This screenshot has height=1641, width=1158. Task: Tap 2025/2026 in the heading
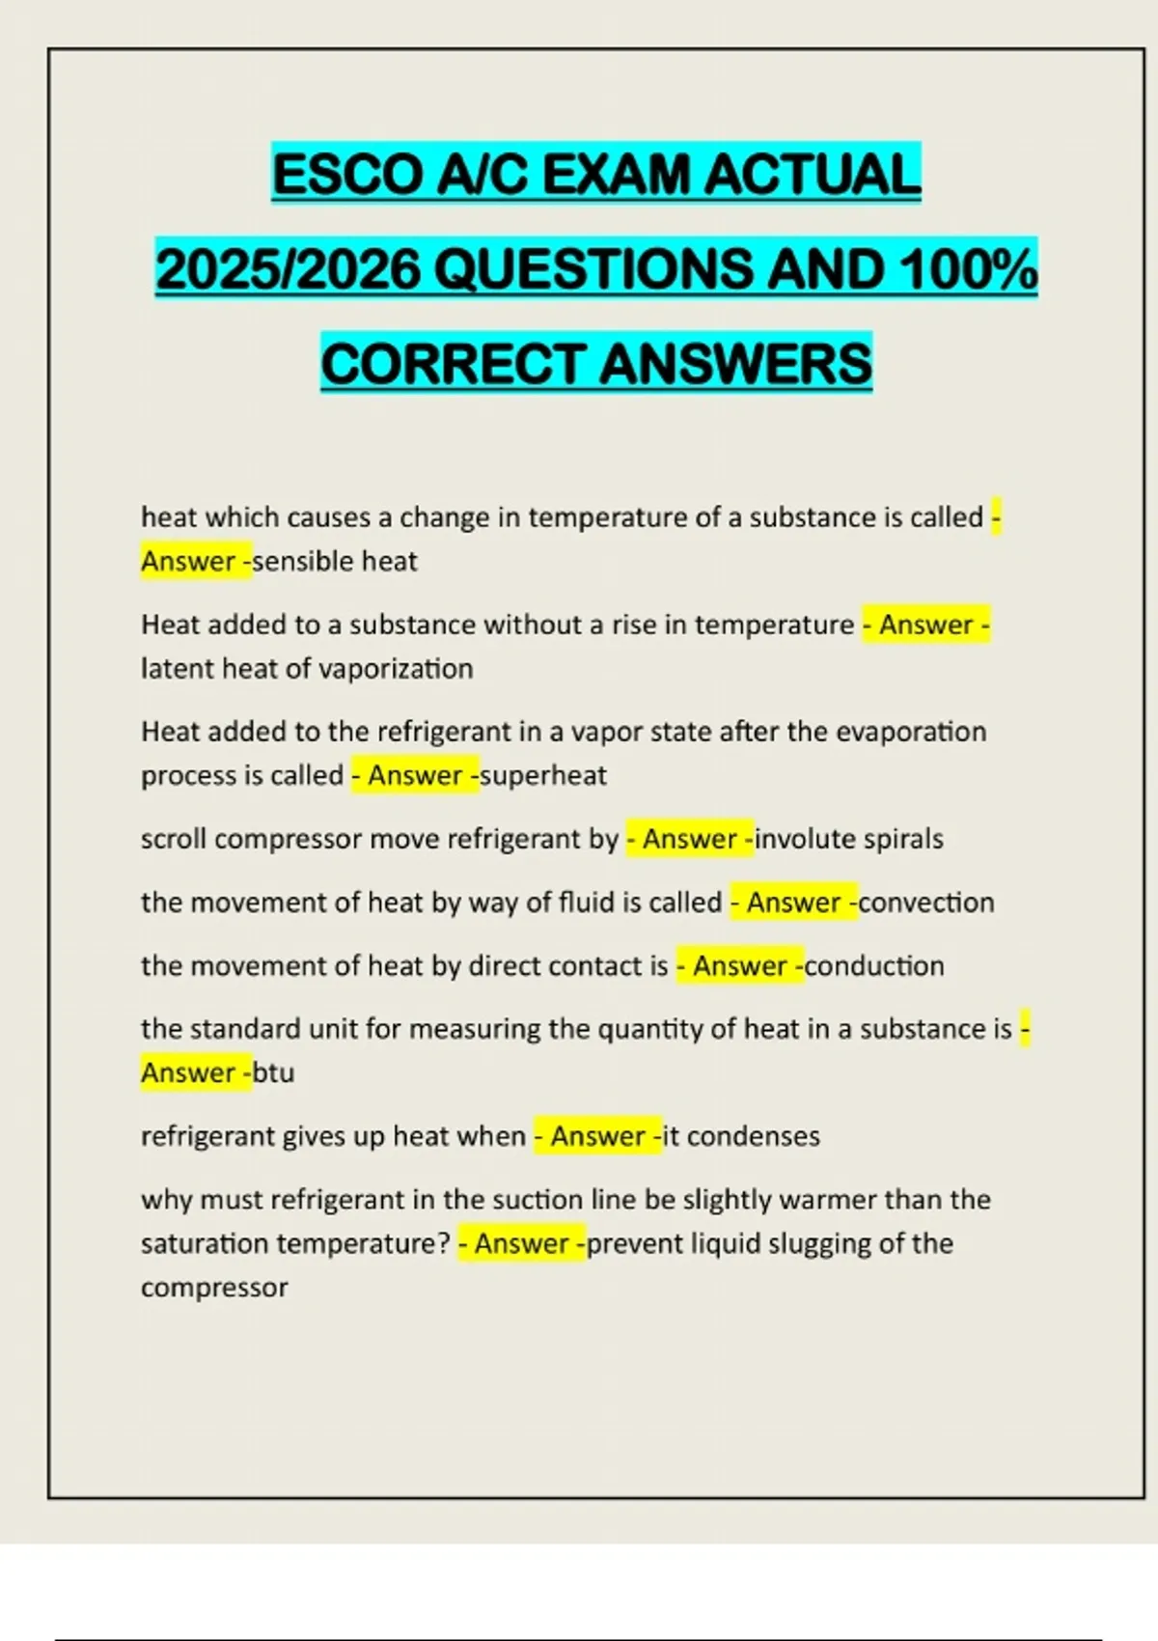tap(288, 269)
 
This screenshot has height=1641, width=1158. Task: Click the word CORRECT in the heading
tap(454, 364)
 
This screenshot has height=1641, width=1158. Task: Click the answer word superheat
tap(543, 776)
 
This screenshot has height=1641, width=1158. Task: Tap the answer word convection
tap(926, 903)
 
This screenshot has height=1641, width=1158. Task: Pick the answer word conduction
tap(874, 966)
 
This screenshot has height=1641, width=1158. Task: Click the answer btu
tap(273, 1073)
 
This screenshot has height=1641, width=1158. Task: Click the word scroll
tap(174, 839)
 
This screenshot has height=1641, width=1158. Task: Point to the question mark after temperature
tap(444, 1243)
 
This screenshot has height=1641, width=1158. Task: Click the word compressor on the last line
tap(214, 1288)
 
